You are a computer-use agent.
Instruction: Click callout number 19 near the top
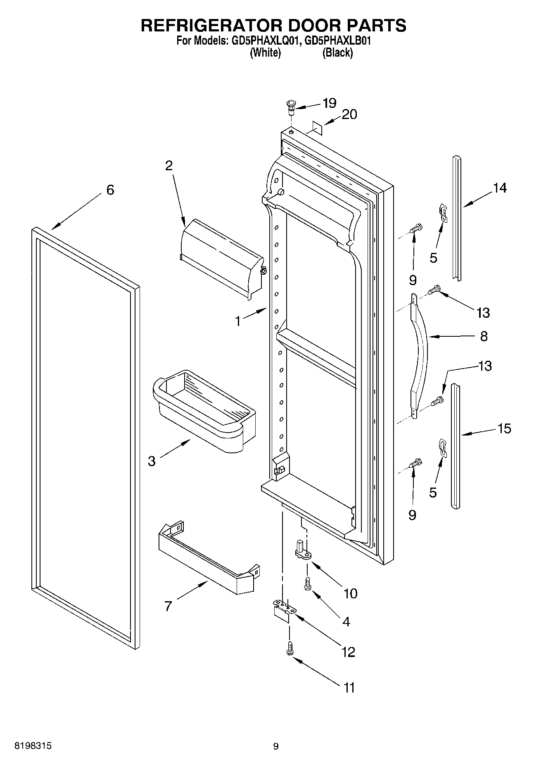pos(329,102)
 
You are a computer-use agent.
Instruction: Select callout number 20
pos(349,114)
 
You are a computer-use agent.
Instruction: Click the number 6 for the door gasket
pos(110,190)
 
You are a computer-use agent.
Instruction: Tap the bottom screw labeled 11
pos(290,647)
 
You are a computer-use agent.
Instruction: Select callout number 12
pos(348,652)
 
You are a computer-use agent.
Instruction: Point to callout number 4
pos(346,621)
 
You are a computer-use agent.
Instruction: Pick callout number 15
pos(504,428)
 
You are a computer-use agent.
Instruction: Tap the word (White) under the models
pos(266,53)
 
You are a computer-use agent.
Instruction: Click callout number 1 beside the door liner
pos(238,321)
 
